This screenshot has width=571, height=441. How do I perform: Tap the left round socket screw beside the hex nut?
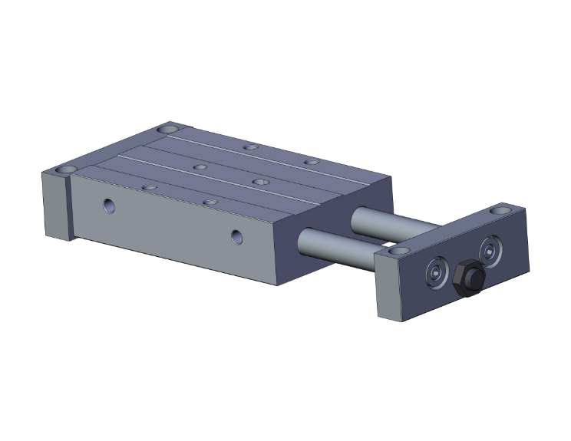[436, 273]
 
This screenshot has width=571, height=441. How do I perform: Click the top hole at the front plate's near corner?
[397, 250]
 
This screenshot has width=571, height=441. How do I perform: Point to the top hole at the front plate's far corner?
[503, 207]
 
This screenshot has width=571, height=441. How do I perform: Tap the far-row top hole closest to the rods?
[310, 162]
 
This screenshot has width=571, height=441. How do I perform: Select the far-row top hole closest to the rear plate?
[249, 146]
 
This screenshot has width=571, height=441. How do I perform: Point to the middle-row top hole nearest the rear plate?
[199, 166]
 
